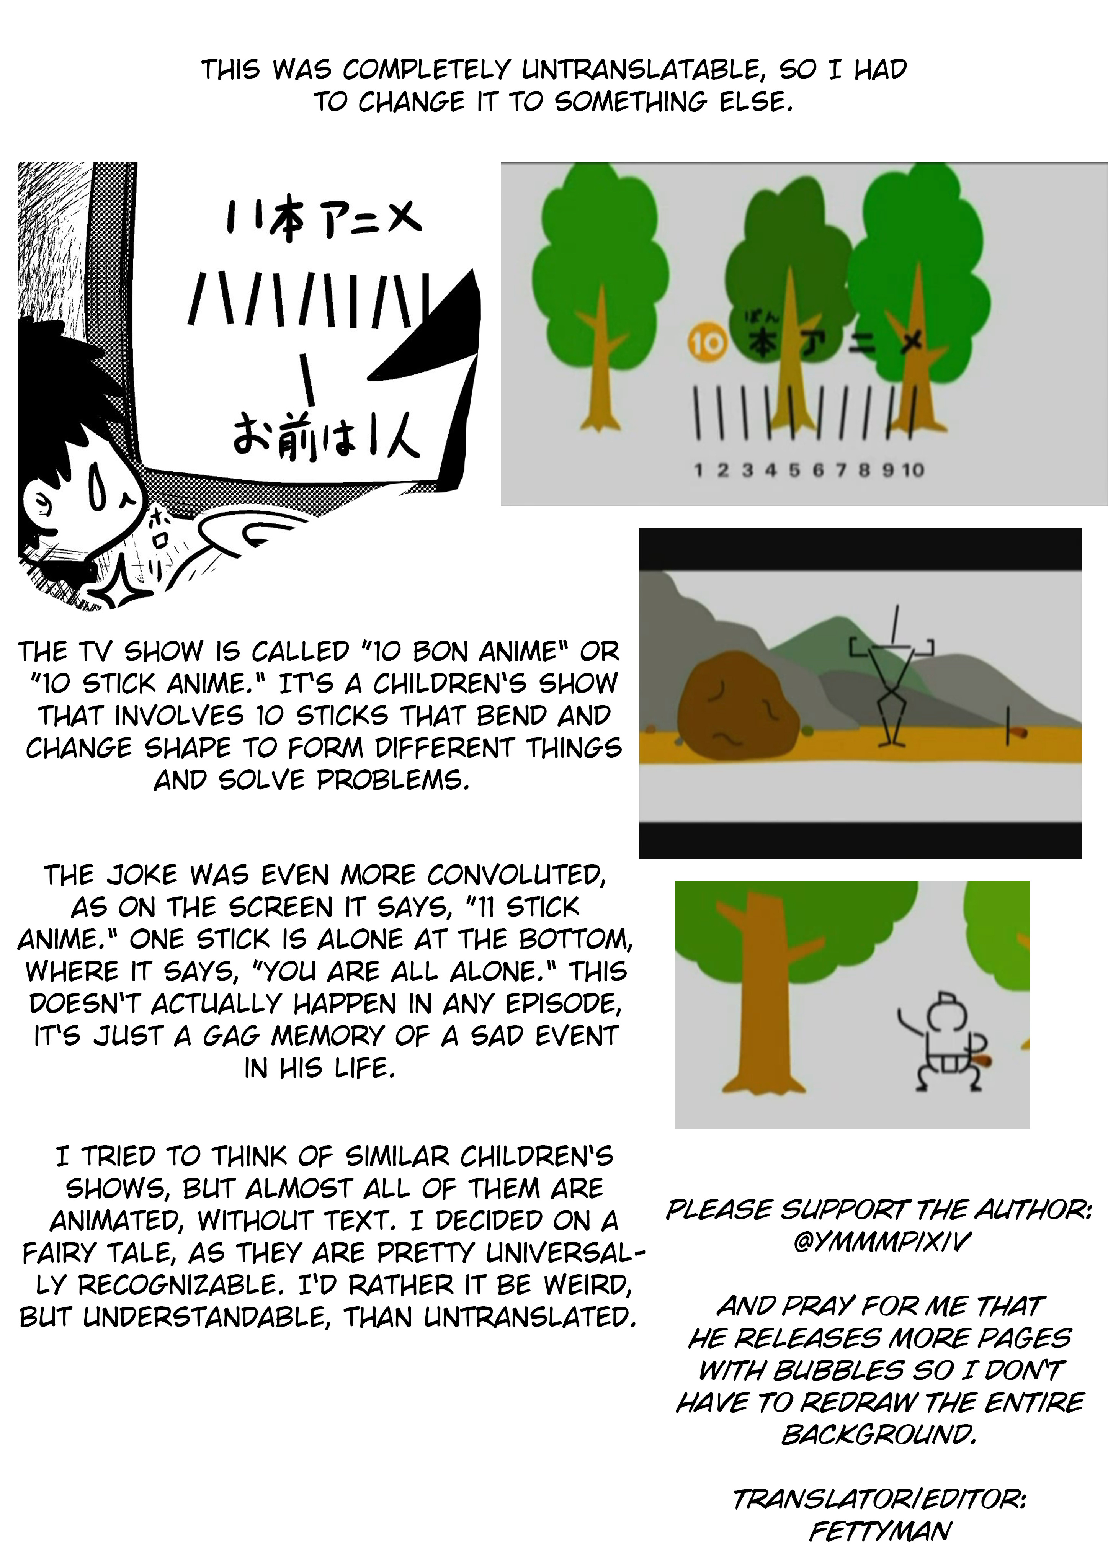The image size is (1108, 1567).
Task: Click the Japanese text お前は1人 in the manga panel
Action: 326,438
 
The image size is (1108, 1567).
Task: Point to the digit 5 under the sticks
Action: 794,470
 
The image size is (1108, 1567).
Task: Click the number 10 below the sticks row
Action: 913,470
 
